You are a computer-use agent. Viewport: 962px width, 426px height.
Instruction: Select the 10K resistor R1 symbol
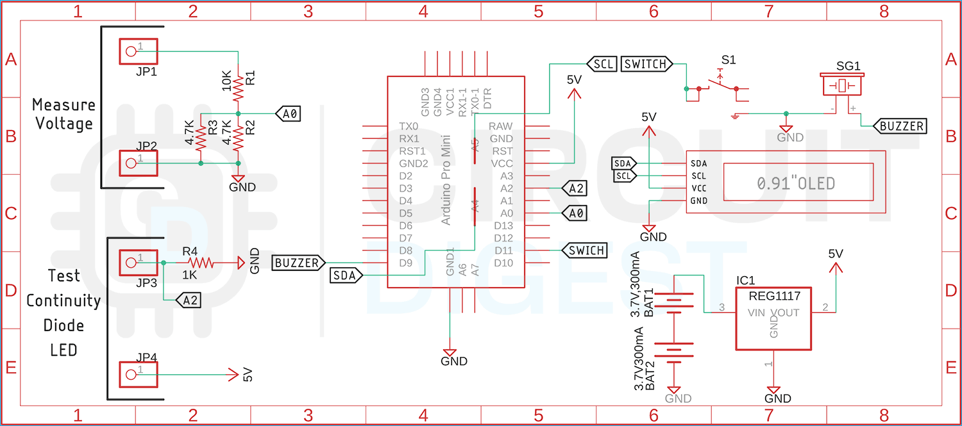pyautogui.click(x=238, y=88)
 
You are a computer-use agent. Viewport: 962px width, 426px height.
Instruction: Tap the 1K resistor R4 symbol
pyautogui.click(x=199, y=262)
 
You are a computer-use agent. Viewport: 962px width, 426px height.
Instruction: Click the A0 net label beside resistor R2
pyautogui.click(x=288, y=114)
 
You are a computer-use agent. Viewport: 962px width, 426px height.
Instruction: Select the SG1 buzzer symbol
pyautogui.click(x=841, y=85)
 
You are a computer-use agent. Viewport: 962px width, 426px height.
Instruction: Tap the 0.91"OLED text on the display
pyautogui.click(x=796, y=184)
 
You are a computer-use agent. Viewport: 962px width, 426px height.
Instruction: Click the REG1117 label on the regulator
pyautogui.click(x=773, y=296)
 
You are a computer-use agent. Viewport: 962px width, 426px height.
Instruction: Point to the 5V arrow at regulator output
pyautogui.click(x=835, y=269)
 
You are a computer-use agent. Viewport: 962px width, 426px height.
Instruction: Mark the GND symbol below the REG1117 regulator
pyautogui.click(x=773, y=390)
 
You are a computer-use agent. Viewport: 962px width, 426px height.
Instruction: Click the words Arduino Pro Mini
pyautogui.click(x=447, y=179)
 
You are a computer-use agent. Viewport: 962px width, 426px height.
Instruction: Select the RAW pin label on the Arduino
pyautogui.click(x=501, y=126)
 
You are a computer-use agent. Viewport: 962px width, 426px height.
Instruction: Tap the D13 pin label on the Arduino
pyautogui.click(x=503, y=225)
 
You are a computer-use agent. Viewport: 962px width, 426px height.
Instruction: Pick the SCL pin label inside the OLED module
pyautogui.click(x=698, y=176)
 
